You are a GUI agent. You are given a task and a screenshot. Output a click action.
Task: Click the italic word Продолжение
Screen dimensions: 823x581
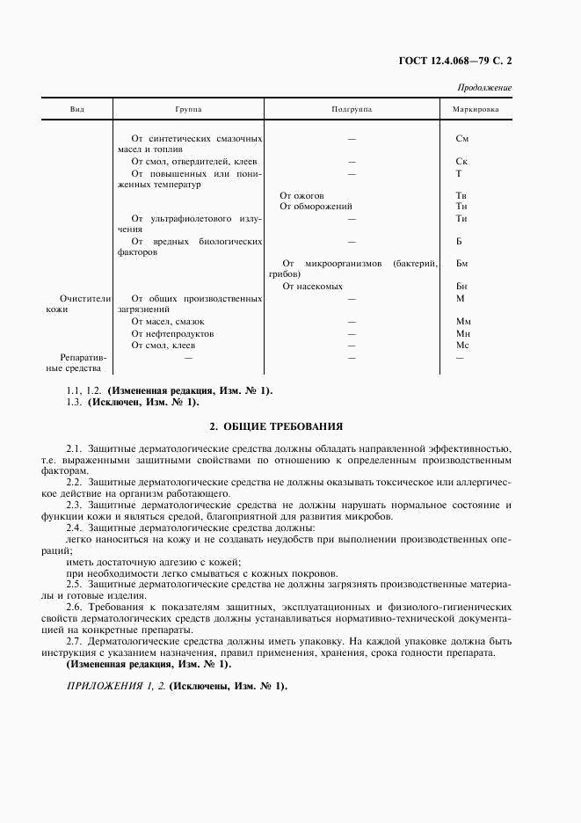484,88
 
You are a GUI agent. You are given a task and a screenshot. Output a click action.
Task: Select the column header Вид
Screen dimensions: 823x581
77,109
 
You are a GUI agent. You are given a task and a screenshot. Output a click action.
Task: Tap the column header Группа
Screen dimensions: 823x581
188,109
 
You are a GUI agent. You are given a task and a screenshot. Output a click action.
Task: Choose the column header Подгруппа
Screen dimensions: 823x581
352,109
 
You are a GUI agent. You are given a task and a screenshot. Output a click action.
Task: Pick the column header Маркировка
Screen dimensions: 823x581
476,109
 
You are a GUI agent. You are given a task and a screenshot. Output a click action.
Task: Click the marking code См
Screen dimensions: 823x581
461,139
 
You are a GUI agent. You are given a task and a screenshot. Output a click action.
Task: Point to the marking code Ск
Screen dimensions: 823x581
461,162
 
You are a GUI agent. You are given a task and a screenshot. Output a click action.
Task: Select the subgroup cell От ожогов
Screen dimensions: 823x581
302,195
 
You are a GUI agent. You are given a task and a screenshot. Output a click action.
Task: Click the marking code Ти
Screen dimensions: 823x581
461,218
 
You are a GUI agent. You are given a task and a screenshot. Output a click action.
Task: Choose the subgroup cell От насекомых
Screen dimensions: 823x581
312,287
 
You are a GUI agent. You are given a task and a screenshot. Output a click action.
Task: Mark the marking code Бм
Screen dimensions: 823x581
461,264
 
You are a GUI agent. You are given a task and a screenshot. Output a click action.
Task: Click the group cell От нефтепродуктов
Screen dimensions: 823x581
172,334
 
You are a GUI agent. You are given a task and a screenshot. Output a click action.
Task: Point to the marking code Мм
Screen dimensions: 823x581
463,322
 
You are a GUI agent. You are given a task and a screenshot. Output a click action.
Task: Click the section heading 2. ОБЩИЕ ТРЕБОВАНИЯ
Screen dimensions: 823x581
275,426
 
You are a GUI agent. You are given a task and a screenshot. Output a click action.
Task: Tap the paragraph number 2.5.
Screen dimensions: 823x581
74,584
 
